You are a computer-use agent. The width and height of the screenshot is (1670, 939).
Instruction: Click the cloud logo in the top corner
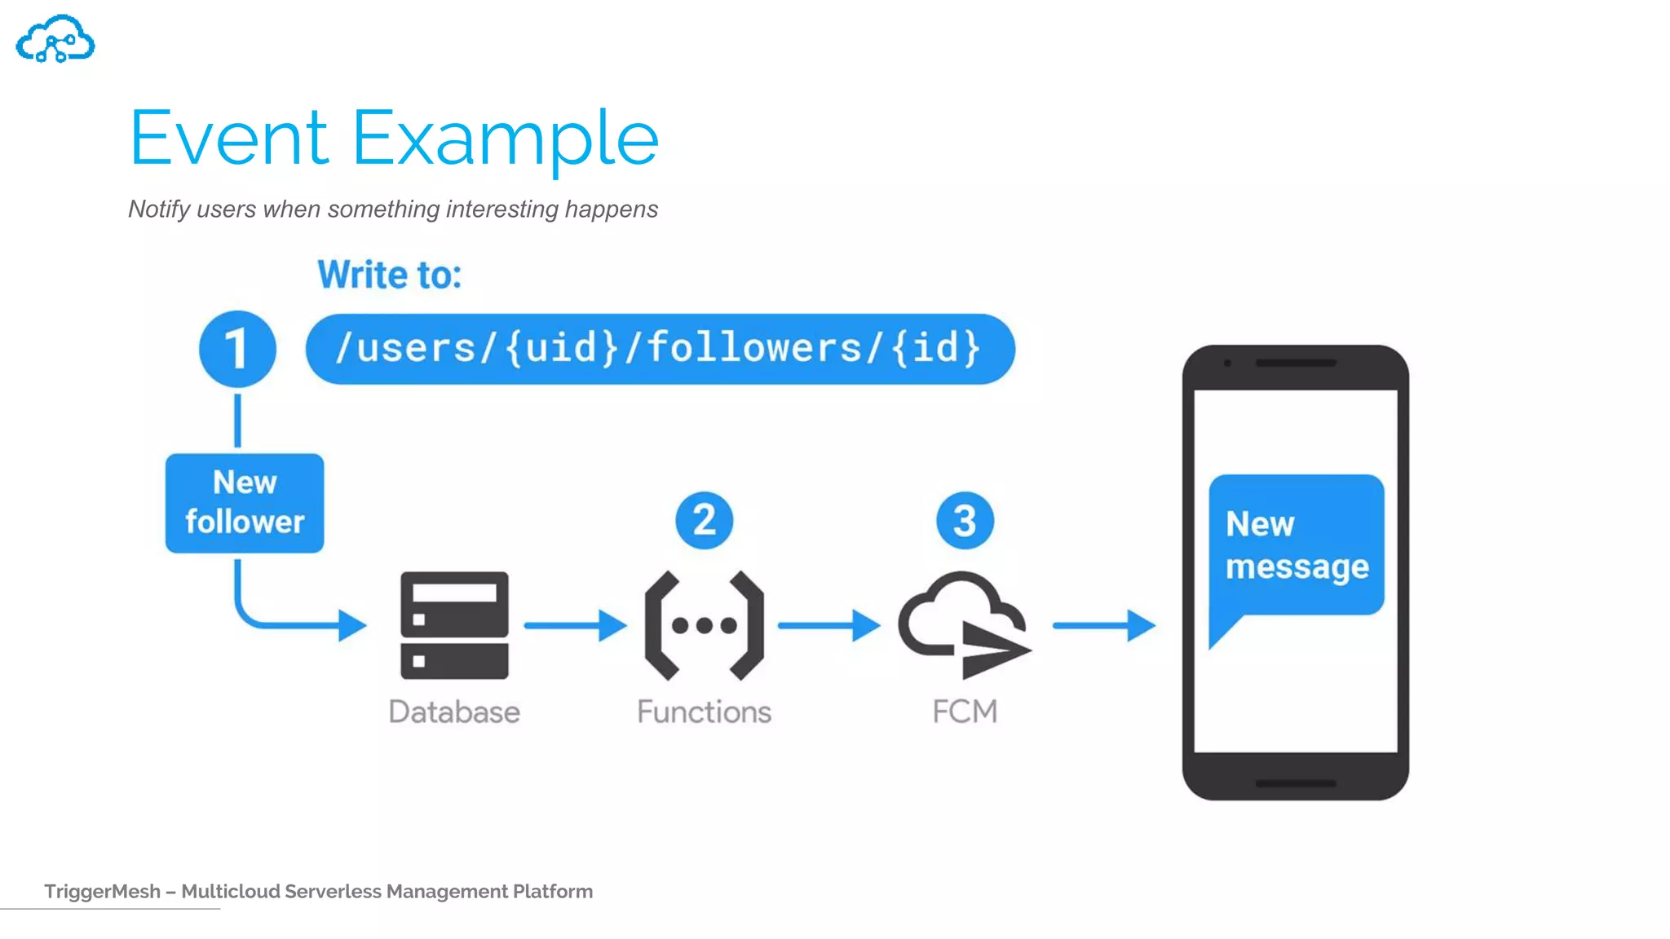click(55, 39)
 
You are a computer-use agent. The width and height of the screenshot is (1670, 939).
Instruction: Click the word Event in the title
click(228, 139)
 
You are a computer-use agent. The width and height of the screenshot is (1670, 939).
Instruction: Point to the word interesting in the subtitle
click(501, 209)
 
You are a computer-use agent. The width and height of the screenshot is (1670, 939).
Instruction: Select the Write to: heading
click(389, 275)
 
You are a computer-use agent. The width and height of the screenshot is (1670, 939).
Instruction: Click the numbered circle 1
click(237, 349)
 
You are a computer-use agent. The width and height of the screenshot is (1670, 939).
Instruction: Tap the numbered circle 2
click(704, 520)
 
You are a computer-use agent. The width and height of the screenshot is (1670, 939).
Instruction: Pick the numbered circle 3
click(964, 520)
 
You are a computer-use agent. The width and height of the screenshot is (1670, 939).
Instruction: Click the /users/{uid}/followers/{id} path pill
click(659, 349)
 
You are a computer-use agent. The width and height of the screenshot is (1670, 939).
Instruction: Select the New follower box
click(245, 503)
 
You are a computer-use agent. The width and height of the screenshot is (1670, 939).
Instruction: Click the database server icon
click(454, 625)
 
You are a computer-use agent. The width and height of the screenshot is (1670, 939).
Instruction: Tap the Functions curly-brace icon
click(704, 625)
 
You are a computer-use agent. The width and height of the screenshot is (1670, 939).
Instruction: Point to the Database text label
click(454, 712)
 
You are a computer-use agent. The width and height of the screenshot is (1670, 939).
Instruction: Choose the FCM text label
click(964, 712)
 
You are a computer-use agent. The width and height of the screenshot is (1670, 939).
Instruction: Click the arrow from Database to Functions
click(574, 625)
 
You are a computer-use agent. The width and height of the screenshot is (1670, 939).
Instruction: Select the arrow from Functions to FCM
click(828, 625)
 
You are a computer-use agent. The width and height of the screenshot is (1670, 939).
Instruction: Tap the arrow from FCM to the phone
click(1103, 625)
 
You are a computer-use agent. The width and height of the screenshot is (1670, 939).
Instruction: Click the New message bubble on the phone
click(1296, 544)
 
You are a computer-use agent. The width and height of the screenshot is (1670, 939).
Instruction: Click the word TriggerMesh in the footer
click(102, 891)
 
